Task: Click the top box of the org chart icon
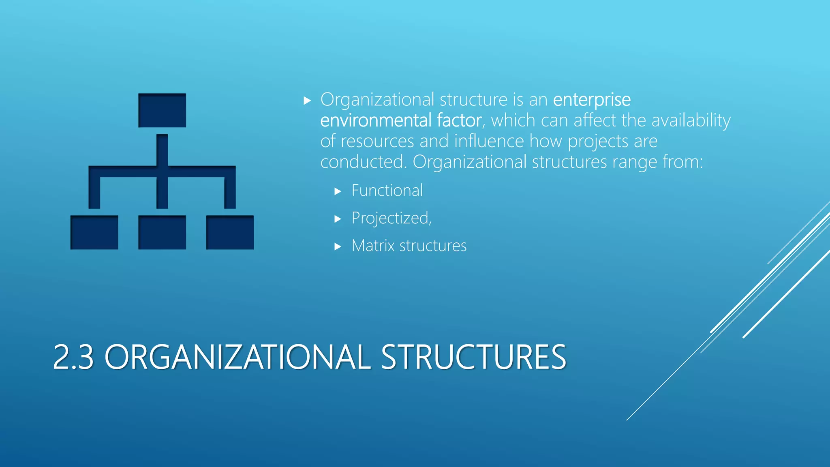[162, 110]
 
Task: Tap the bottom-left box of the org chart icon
[94, 232]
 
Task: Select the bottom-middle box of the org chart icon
[162, 232]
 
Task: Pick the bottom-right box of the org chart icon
[230, 232]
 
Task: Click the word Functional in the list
[387, 191]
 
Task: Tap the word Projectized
[391, 218]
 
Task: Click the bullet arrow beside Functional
[338, 191]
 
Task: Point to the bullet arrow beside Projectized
[338, 219]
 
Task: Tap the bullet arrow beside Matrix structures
[338, 246]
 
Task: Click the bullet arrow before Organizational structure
[307, 101]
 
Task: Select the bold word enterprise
[592, 100]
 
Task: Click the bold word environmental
[376, 120]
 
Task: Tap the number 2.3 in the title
[73, 357]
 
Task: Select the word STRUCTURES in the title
[473, 357]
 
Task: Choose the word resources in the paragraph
[377, 141]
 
